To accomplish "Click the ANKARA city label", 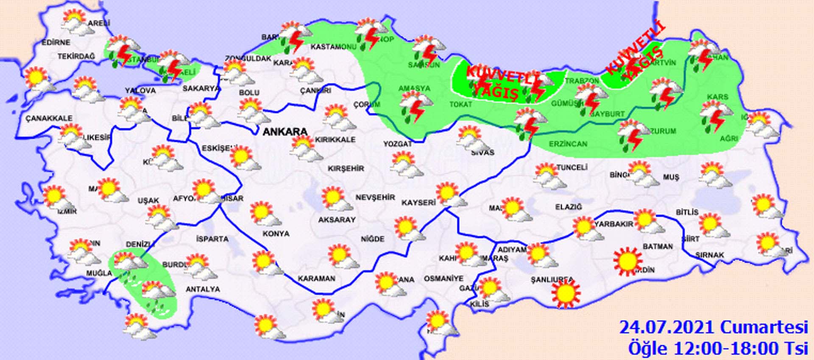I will (x=285, y=131).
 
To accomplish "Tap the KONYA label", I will (x=276, y=234).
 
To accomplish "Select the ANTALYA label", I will (x=203, y=289).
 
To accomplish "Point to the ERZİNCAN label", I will (x=568, y=144).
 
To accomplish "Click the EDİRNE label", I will (x=56, y=42).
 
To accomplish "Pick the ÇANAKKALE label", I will (x=49, y=118).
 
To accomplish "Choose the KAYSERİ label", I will (x=418, y=203).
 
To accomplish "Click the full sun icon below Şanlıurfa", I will (x=565, y=293).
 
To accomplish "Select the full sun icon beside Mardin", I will (x=627, y=261).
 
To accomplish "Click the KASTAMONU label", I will (x=333, y=47).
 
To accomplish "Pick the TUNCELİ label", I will (x=571, y=167).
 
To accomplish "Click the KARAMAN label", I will (x=316, y=279).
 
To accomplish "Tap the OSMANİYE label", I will (x=443, y=279).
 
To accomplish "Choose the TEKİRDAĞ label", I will (x=76, y=56).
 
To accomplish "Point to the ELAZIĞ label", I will (x=569, y=207).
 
